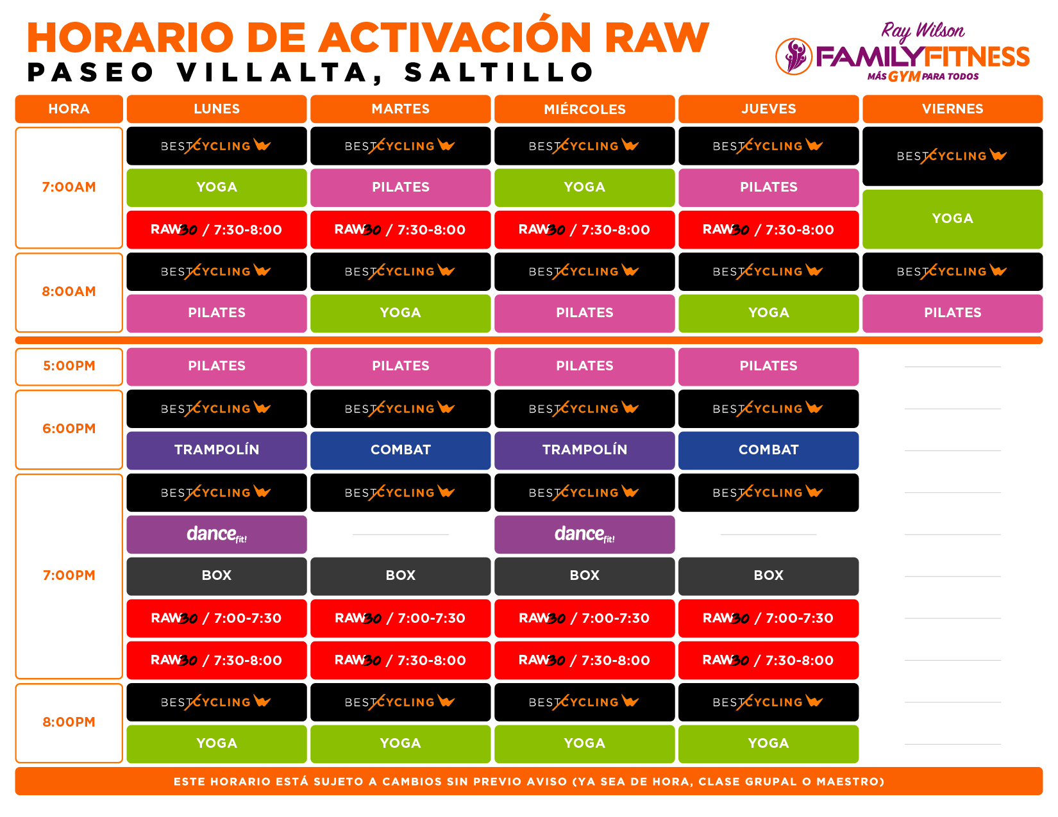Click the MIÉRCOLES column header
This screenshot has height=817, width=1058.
[x=584, y=109]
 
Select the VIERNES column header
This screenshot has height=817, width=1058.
[x=952, y=109]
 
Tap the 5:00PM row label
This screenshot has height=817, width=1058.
[x=69, y=367]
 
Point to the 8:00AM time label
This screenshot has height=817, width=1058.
[x=69, y=292]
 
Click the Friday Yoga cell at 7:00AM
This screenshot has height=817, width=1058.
[x=952, y=219]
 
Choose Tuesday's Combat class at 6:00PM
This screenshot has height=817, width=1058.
[x=400, y=450]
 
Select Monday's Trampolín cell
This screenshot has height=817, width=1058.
[x=217, y=450]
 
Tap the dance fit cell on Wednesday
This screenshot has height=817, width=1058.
[x=584, y=534]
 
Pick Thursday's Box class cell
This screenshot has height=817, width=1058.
[x=768, y=576]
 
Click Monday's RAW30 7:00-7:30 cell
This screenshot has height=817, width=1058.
[x=217, y=618]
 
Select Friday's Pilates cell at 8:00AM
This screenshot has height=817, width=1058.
[x=952, y=313]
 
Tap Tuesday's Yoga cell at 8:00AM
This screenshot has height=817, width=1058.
[x=400, y=313]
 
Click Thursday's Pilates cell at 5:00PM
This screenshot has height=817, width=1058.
[x=768, y=367]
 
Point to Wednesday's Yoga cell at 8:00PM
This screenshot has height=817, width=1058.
[x=584, y=744]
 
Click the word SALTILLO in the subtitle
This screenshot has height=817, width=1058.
[x=499, y=72]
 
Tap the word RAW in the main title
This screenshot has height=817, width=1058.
[x=657, y=37]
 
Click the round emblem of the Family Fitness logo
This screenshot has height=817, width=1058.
[x=793, y=57]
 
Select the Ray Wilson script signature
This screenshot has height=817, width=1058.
[x=922, y=31]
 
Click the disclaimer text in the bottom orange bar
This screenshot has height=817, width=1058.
[x=529, y=782]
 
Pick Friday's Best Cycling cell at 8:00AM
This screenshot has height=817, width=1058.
[x=952, y=272]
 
